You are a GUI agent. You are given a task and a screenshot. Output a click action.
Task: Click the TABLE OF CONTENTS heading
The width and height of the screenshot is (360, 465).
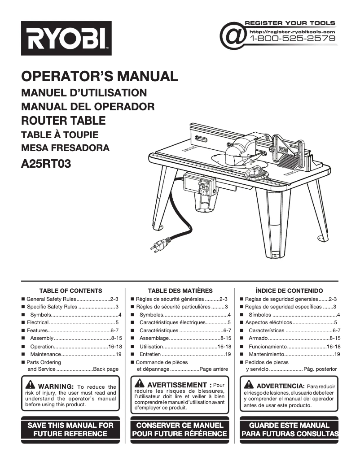coord(70,291)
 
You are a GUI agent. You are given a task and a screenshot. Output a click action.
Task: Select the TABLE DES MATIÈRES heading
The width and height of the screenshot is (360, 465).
coord(180,291)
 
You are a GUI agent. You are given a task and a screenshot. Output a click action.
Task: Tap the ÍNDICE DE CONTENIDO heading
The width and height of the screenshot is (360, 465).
coord(289,291)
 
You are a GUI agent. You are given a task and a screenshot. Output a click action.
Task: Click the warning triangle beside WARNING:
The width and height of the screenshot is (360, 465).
coord(31,386)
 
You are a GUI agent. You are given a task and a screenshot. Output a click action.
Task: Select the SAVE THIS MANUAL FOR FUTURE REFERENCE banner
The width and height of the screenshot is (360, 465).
coord(70,429)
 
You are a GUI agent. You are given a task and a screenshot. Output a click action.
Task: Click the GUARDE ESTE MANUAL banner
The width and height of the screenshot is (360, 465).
coord(289,429)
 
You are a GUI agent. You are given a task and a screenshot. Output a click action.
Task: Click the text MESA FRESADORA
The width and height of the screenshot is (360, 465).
coord(65,148)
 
